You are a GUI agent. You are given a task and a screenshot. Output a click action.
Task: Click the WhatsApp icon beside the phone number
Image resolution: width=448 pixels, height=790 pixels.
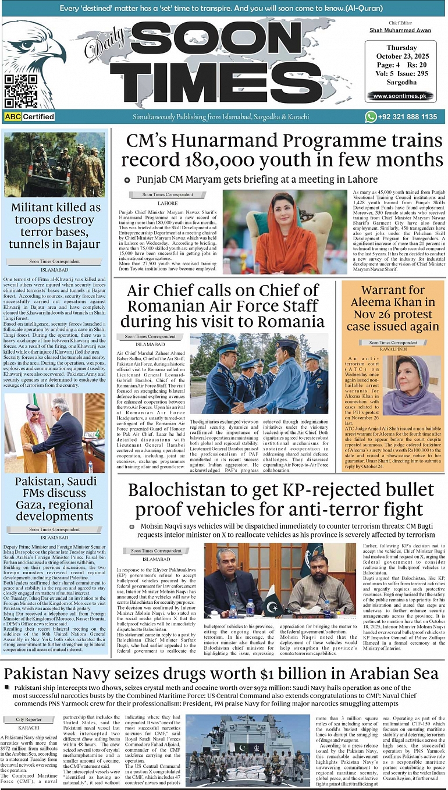[371, 117]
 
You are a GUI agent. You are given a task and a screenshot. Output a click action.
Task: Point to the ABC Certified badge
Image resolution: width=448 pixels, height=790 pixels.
[30, 117]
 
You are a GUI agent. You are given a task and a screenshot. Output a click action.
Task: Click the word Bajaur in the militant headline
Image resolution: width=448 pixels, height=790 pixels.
[76, 244]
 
